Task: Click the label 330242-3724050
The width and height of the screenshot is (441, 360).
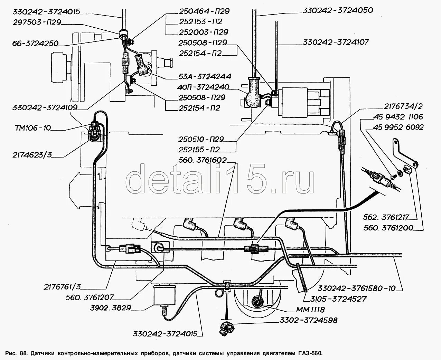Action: (338, 10)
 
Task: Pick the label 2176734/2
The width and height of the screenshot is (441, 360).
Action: (403, 106)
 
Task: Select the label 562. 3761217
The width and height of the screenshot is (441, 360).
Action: (386, 217)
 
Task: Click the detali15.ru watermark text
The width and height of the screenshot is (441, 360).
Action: (220, 179)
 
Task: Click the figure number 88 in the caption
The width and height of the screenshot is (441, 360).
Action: (24, 353)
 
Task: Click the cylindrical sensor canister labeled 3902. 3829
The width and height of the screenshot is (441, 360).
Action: (165, 296)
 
